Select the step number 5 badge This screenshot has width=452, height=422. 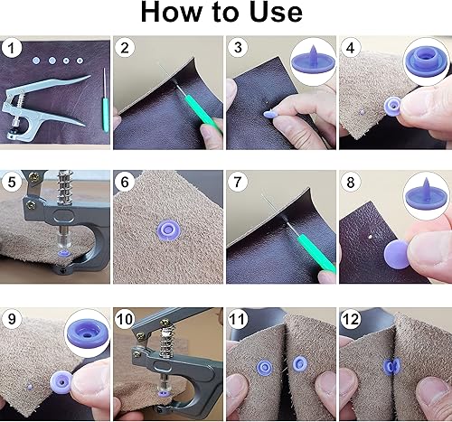(13, 181)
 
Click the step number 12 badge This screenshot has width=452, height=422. (350, 318)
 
